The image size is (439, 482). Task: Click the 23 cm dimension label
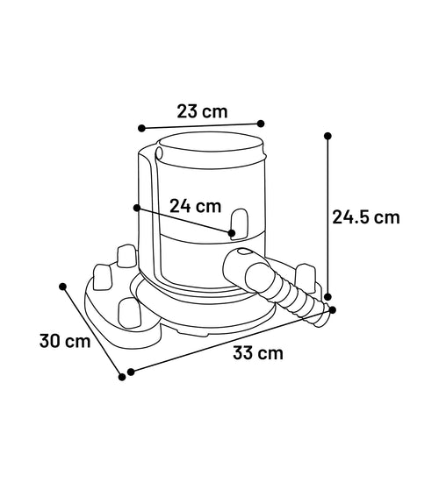coord(202,111)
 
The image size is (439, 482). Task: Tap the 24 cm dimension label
coord(196,206)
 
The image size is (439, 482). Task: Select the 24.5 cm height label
coord(366,217)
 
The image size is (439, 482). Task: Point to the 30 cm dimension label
coord(65,341)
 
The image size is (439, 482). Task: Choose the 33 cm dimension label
coord(258,353)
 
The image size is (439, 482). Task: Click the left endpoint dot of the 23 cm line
coord(141,128)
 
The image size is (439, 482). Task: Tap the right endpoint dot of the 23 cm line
coord(261,124)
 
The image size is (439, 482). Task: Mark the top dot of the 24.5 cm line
coord(327,136)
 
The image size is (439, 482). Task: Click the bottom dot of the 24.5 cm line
coord(327,296)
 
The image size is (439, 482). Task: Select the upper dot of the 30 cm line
coord(62,287)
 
